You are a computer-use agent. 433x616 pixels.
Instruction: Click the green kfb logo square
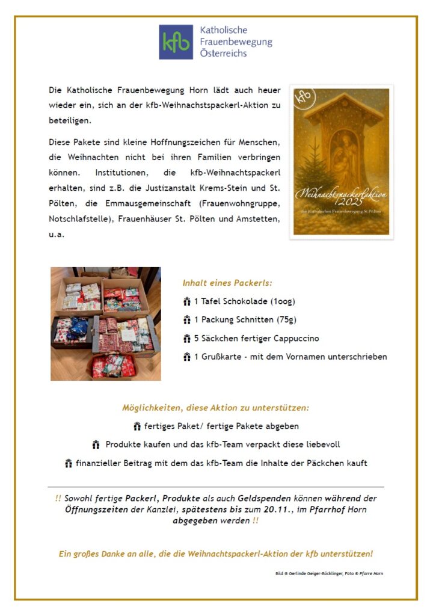pos(176,42)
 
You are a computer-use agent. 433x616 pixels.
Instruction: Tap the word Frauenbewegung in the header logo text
pos(236,42)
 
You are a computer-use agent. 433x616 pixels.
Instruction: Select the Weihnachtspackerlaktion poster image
pos(341,162)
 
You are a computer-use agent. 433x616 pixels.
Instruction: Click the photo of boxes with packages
pos(106,324)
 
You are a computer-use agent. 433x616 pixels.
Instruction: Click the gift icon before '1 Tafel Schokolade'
pos(186,301)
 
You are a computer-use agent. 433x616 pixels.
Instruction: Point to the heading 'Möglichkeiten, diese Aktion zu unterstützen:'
pos(216,407)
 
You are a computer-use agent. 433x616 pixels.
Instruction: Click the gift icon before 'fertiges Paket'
pos(137,427)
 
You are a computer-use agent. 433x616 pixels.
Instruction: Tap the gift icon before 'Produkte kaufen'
pos(96,445)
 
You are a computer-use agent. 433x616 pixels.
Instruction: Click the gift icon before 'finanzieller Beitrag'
pos(69,464)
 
